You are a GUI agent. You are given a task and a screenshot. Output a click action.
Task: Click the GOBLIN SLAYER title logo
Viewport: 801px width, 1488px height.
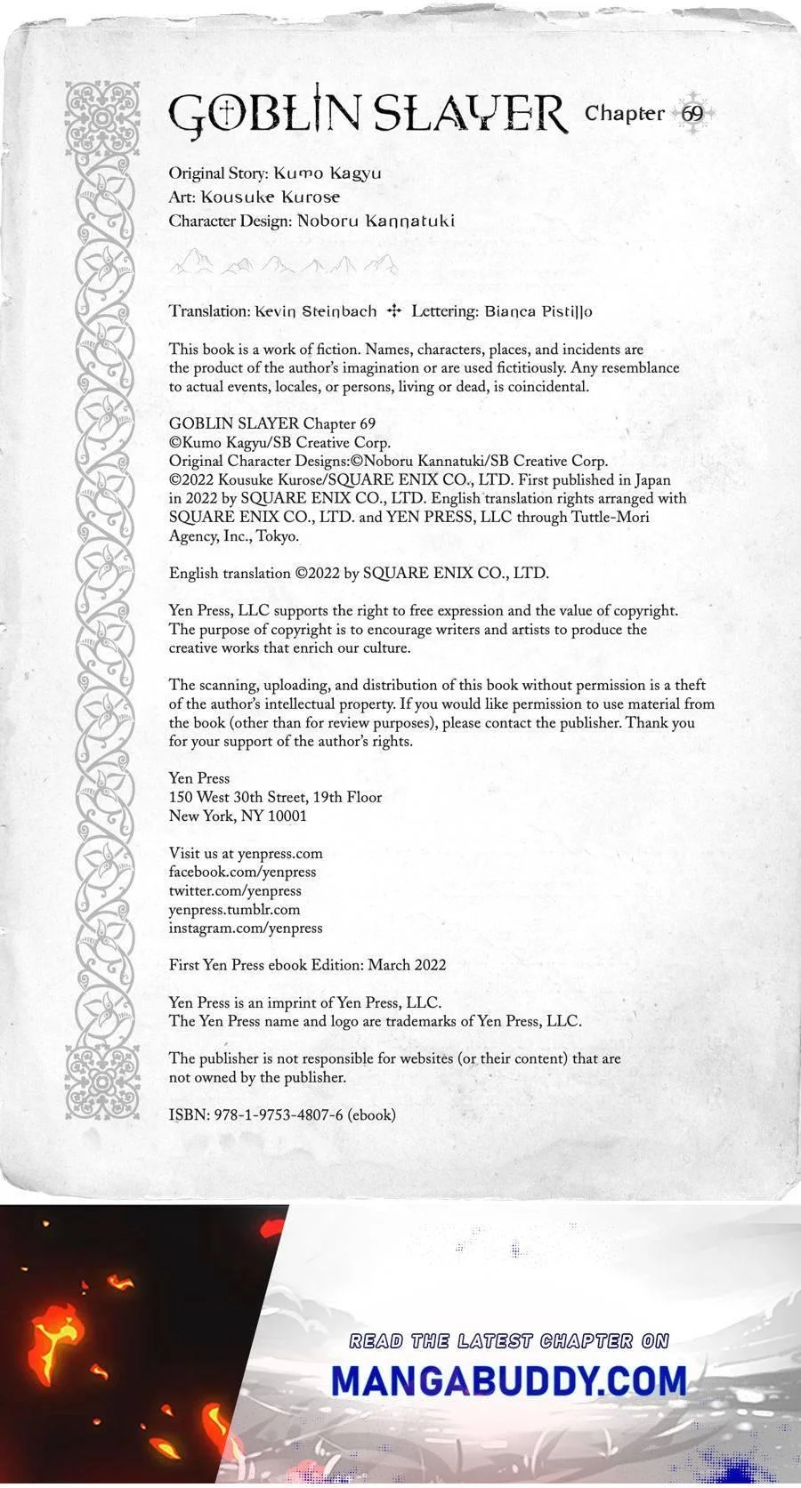(x=367, y=115)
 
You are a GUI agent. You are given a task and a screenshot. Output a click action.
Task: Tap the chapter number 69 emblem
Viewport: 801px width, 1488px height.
(x=692, y=114)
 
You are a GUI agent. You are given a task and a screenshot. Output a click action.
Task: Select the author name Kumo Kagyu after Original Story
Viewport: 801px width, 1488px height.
(x=328, y=173)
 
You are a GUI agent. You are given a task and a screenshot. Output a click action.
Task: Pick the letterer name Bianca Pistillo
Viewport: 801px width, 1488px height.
(x=538, y=311)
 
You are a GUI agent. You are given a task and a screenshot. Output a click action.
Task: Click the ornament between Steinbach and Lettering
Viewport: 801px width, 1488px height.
(x=395, y=311)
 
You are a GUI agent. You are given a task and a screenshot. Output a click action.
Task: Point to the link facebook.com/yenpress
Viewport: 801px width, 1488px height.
(x=242, y=872)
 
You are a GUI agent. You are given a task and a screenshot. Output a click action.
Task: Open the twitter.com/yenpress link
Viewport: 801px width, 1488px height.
(x=235, y=890)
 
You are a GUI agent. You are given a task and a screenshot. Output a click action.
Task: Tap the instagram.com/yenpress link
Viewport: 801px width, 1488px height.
(x=246, y=928)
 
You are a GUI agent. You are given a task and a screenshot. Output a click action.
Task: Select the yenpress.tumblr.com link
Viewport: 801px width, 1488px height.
(x=234, y=909)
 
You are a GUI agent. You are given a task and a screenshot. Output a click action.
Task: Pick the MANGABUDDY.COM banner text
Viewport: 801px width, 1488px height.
(x=508, y=1381)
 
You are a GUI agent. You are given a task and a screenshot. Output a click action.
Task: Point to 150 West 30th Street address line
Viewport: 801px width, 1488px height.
(x=275, y=797)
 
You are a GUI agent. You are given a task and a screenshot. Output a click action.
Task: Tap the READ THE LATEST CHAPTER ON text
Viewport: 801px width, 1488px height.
(x=508, y=1340)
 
